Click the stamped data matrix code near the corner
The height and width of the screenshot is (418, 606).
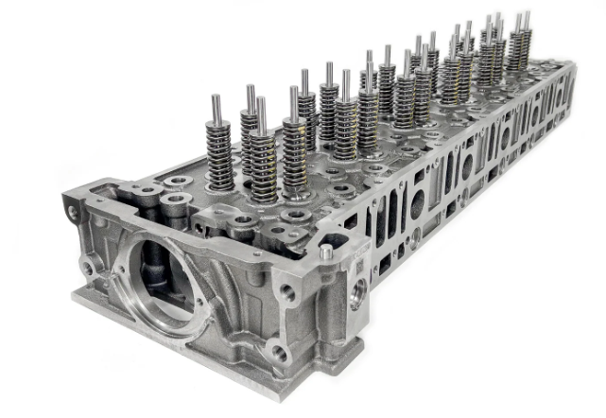(x=359, y=270)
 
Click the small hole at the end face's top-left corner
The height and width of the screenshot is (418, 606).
(x=73, y=213)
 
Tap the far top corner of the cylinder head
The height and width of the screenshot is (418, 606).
(x=570, y=64)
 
